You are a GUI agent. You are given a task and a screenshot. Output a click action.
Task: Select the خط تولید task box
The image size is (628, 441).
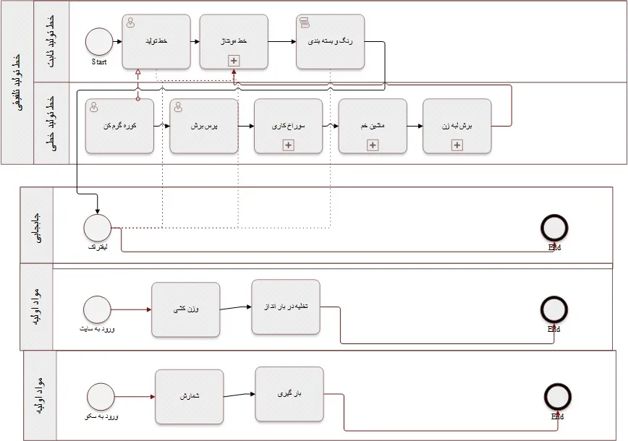156,42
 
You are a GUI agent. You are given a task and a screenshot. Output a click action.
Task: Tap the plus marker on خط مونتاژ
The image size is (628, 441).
234,61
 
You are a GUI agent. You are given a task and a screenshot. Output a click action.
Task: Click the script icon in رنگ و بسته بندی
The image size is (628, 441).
305,22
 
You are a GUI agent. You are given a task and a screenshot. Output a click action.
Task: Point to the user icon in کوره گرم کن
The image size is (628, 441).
94,106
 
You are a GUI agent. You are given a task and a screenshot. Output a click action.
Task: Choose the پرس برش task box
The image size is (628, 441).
204,126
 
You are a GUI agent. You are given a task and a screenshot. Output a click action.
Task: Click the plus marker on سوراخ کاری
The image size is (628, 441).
288,145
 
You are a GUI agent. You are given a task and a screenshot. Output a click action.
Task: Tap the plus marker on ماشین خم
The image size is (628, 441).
373,145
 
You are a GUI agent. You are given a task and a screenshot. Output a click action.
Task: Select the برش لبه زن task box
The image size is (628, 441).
457,126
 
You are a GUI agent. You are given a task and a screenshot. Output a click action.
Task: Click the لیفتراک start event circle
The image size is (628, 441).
97,228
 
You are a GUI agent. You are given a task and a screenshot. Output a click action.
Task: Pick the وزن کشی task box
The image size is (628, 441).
186,309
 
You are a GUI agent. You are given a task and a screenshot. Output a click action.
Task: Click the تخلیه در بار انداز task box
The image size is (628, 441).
286,307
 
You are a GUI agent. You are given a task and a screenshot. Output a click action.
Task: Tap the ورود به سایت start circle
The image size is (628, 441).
97,309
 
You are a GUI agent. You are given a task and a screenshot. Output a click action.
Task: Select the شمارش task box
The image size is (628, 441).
189,397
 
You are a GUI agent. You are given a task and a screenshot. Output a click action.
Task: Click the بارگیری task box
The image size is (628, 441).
289,394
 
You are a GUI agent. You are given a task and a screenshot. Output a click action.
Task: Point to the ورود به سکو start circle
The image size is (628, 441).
101,397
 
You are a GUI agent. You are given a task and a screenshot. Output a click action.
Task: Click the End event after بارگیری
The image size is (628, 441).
558,397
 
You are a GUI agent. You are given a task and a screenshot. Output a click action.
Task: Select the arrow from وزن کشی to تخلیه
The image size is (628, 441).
236,308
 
